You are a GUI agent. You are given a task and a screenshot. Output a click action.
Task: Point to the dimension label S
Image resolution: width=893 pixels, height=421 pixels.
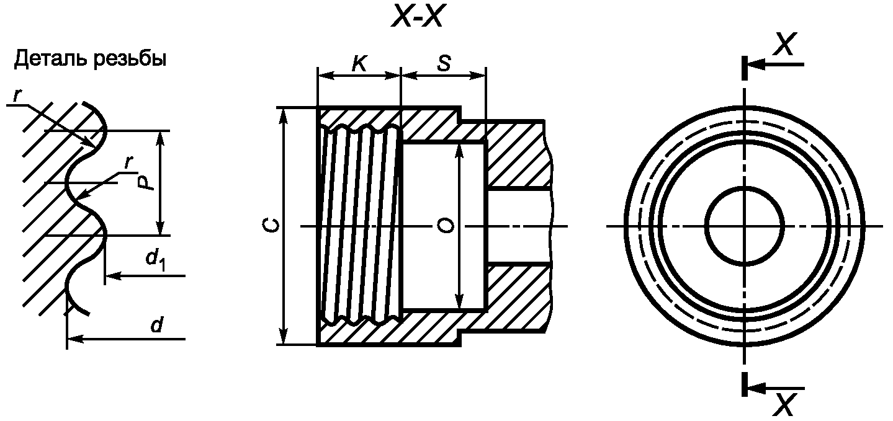(x=444, y=63)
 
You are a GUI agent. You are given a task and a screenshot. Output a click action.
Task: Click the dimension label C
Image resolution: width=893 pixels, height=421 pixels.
(x=271, y=226)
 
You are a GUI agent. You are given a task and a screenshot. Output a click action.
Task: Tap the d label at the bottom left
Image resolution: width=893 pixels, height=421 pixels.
(x=156, y=325)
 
